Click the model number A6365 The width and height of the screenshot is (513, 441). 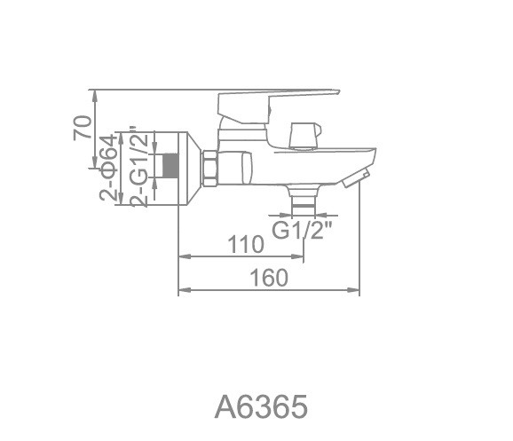point(261,406)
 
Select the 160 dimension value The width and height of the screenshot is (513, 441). point(269,278)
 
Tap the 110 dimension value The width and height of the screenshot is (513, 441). point(245,244)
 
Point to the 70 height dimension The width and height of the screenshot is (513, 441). point(82,128)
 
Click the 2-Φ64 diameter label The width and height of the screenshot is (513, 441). point(108,168)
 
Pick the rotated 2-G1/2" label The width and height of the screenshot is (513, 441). point(139,166)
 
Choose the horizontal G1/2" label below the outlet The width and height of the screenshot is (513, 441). point(303,230)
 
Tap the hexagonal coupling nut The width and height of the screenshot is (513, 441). point(210,169)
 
